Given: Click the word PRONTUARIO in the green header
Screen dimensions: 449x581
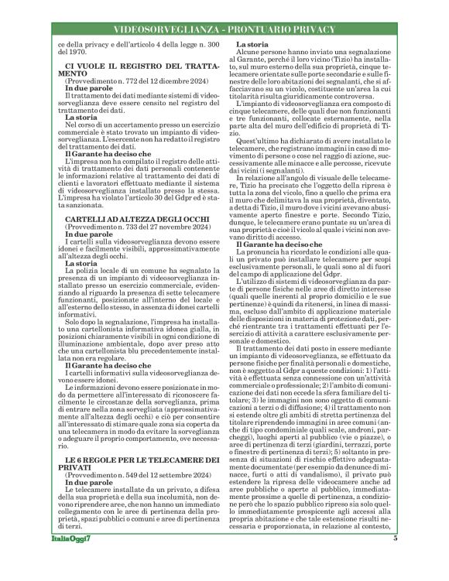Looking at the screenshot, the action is pyautogui.click(x=260, y=29).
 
